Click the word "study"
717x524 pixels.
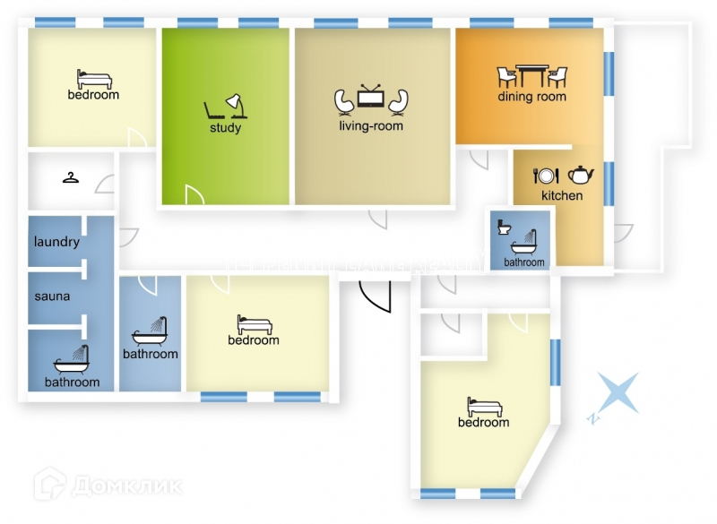click(x=226, y=128)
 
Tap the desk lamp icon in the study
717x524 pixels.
click(x=237, y=106)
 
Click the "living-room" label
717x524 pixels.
click(x=371, y=126)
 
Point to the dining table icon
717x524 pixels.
click(x=532, y=74)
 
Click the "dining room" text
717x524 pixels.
click(x=532, y=97)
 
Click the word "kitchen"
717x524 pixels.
click(x=562, y=195)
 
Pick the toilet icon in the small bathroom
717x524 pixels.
click(x=503, y=228)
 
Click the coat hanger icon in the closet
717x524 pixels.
click(x=71, y=177)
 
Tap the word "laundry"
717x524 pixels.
click(x=56, y=242)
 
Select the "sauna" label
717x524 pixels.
click(x=52, y=296)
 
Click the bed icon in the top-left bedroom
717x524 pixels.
click(x=92, y=78)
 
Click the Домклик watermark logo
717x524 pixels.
click(x=108, y=486)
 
